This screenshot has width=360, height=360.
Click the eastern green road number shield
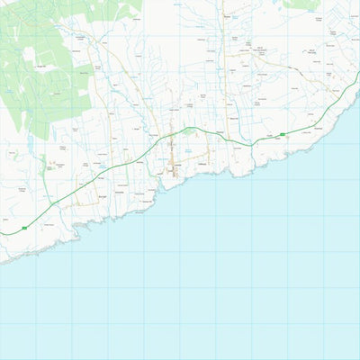[282, 134]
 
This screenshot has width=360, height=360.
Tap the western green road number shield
[24, 229]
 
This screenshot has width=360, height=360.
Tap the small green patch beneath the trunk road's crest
[189, 131]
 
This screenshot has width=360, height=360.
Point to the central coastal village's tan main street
[172, 157]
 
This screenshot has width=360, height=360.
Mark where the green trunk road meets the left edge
[1, 234]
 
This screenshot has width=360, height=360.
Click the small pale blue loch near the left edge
[30, 145]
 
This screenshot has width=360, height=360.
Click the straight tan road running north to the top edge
[221, 54]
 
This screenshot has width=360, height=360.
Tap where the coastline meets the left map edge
[1, 261]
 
